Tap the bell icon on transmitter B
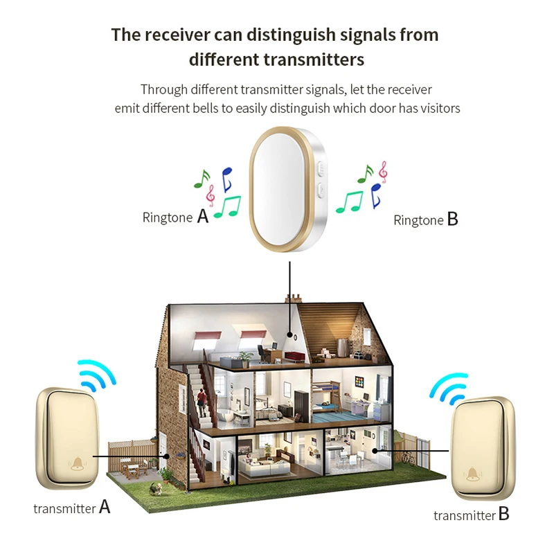(474, 474)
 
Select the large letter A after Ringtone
(202, 216)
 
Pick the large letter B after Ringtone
(452, 220)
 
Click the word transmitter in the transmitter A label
(64, 508)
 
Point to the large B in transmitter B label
(503, 515)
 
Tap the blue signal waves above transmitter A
(96, 375)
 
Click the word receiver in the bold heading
(180, 35)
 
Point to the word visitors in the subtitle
(438, 108)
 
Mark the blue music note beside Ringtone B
(376, 195)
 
